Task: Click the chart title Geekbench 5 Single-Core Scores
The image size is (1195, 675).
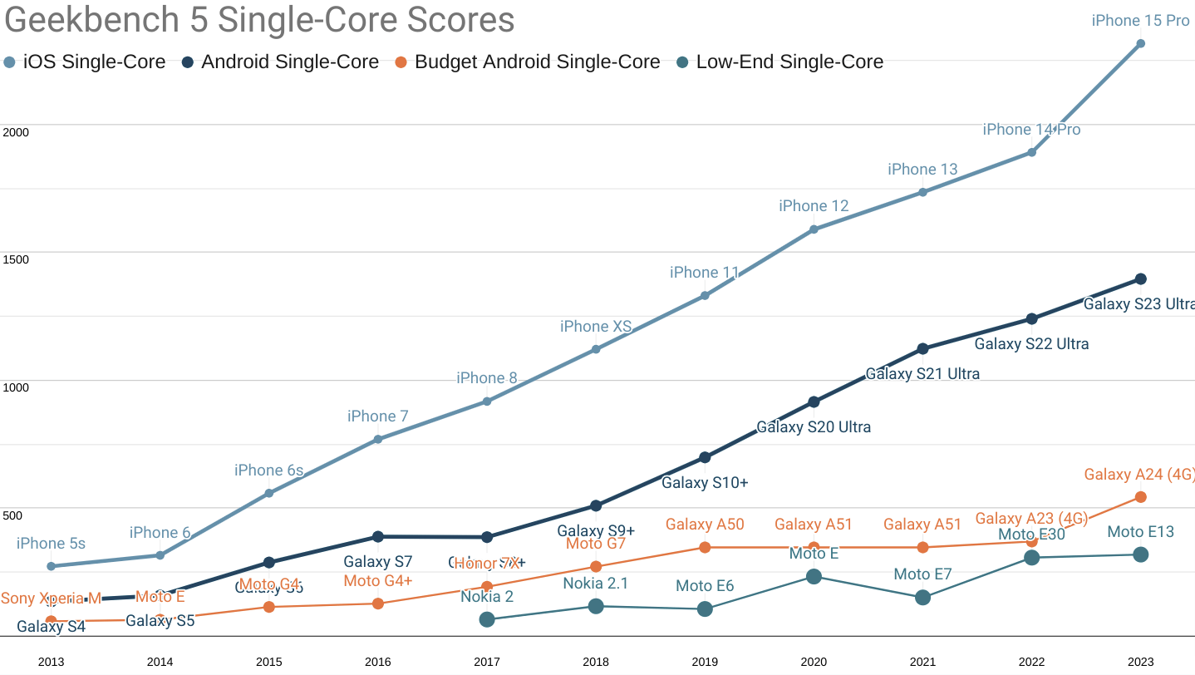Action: [259, 21]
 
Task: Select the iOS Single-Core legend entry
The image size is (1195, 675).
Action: [85, 62]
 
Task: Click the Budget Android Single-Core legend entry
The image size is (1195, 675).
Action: [527, 62]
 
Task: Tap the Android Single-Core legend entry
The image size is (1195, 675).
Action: [280, 62]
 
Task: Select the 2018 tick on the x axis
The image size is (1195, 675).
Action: [596, 663]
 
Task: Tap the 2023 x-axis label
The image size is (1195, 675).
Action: [1141, 663]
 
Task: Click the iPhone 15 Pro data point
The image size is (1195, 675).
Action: [1141, 43]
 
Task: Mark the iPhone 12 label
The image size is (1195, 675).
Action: [814, 206]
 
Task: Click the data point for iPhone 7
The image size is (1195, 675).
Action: [377, 439]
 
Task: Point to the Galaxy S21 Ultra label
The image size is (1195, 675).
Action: [922, 374]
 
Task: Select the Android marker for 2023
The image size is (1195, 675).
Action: [1141, 279]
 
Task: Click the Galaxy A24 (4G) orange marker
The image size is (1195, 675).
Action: [1141, 497]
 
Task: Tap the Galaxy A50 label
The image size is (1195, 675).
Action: [705, 525]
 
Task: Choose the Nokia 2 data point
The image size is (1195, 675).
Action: [487, 619]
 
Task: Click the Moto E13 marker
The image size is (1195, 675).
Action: [1141, 554]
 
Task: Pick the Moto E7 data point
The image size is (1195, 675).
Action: [922, 598]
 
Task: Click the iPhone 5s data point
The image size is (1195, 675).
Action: [51, 566]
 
